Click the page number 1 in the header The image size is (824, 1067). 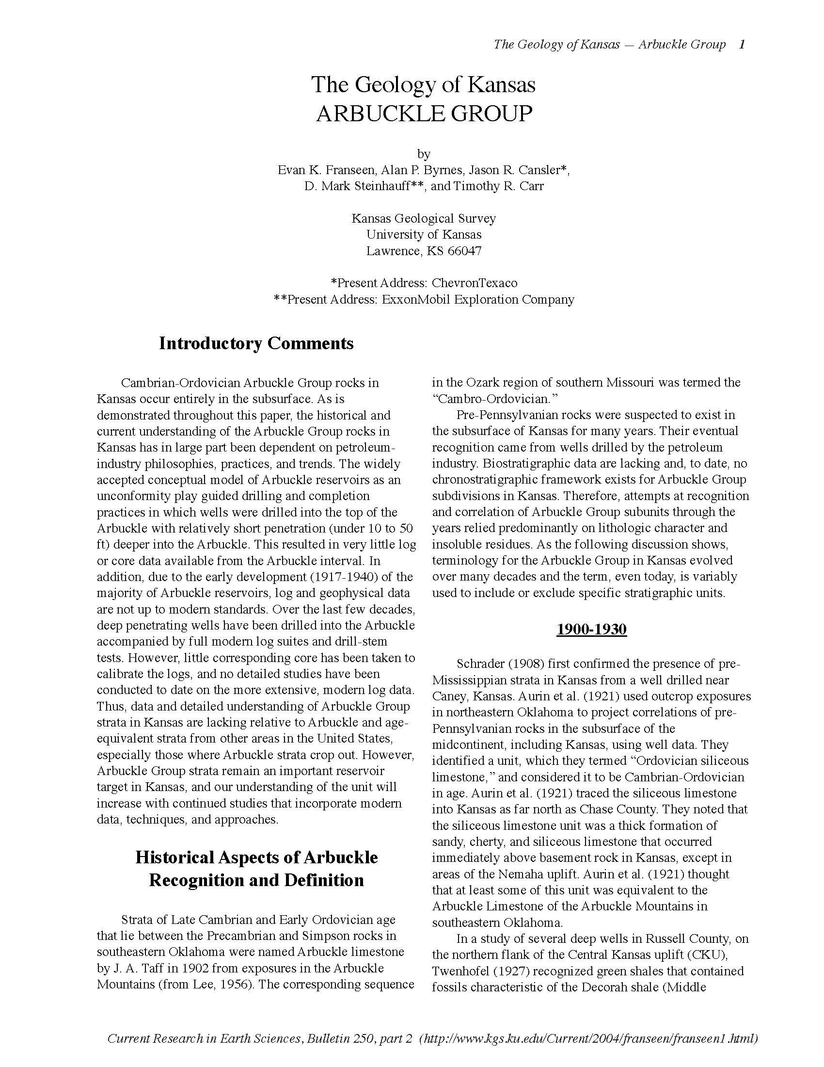click(742, 45)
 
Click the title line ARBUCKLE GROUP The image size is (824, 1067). click(423, 114)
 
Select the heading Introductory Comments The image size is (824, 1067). click(256, 343)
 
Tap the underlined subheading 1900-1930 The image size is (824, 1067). click(591, 629)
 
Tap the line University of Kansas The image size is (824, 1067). click(424, 235)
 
